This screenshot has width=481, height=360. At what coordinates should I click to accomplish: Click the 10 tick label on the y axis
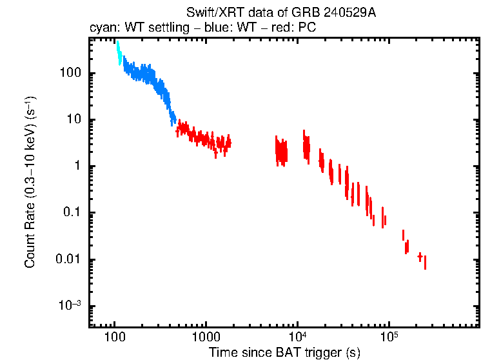tap(74, 119)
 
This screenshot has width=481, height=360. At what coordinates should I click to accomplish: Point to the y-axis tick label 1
tap(77, 166)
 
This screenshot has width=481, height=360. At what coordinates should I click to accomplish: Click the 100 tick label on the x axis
tap(115, 337)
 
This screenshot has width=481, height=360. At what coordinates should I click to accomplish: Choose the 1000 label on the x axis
tap(206, 337)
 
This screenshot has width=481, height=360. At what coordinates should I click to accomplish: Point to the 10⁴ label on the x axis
tap(297, 337)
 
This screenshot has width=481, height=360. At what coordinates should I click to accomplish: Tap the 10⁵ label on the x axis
tap(389, 337)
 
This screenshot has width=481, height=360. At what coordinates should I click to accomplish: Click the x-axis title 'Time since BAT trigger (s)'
tap(284, 352)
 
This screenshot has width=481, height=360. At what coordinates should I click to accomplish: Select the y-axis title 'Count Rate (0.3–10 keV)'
tap(30, 183)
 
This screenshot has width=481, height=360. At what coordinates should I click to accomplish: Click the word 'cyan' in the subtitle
tap(101, 29)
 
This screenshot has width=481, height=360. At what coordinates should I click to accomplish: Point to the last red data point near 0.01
tap(425, 262)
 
